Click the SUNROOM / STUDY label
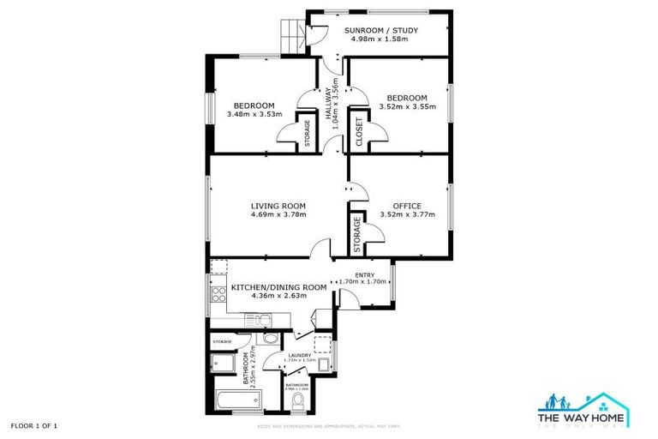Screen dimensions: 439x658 (x=381, y=31)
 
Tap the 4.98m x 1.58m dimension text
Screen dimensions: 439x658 (x=381, y=39)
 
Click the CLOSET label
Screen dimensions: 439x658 (x=359, y=133)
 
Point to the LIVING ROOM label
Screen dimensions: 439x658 (x=278, y=206)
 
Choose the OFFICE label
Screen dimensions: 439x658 (x=407, y=206)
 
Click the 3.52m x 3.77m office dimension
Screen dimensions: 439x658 (x=407, y=214)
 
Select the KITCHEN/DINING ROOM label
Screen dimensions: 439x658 (x=278, y=287)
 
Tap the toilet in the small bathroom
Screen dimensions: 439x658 (x=297, y=400)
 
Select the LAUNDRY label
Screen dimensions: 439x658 (x=299, y=354)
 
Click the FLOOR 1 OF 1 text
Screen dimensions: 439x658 (x=35, y=425)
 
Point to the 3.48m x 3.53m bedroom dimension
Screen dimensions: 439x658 (x=254, y=114)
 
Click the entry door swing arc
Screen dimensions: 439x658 (x=348, y=298)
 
